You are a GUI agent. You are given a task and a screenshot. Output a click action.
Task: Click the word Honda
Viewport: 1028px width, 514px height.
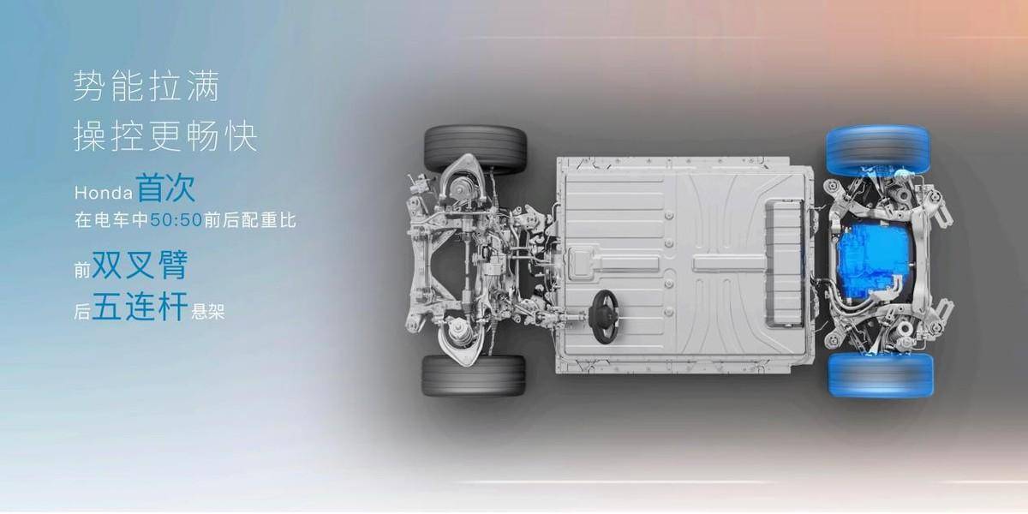(104, 193)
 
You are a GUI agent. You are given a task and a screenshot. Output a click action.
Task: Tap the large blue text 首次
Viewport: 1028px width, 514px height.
(166, 188)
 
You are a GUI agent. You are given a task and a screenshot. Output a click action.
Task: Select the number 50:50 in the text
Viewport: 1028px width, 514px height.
(176, 220)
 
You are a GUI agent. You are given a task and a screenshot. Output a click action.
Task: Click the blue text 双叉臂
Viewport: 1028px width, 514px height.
(140, 265)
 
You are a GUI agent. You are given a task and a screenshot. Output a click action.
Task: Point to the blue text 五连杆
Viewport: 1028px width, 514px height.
(140, 306)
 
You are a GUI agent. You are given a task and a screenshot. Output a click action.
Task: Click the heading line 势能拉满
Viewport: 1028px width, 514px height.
(146, 86)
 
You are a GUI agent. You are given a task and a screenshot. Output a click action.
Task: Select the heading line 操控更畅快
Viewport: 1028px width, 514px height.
(165, 135)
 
